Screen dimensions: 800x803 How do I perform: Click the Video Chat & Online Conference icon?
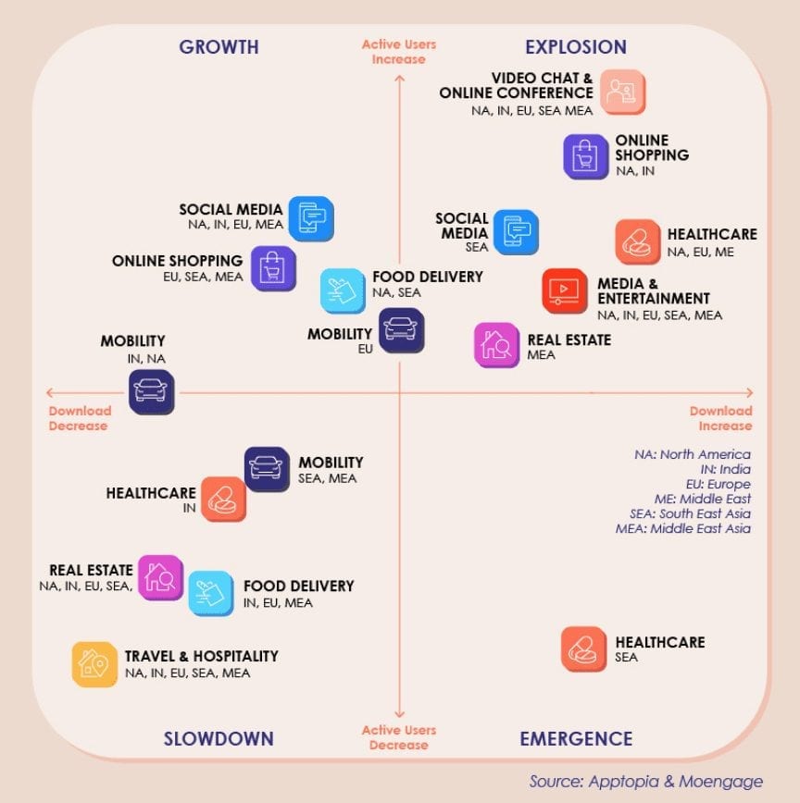click(622, 93)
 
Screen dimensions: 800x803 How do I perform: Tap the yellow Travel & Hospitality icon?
click(94, 664)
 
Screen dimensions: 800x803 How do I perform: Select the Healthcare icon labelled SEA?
click(583, 649)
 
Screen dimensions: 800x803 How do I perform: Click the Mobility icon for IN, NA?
click(151, 392)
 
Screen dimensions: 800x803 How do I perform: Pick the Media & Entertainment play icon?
click(565, 290)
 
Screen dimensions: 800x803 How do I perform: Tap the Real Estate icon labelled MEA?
click(496, 345)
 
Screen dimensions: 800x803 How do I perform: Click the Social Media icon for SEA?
click(516, 232)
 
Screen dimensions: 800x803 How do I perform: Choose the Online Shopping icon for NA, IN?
click(586, 156)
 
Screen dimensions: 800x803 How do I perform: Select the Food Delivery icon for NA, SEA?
click(343, 290)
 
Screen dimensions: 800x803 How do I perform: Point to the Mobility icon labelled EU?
click(401, 330)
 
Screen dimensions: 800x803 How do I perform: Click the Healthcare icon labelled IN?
click(223, 500)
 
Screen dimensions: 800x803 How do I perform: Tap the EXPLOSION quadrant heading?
click(576, 47)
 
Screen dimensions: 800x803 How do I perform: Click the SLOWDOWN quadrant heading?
click(219, 739)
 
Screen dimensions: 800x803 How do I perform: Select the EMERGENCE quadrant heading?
click(576, 739)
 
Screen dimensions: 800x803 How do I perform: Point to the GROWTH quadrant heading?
click(219, 47)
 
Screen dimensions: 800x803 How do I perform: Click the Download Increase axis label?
click(721, 418)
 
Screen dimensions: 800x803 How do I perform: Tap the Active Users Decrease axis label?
click(399, 737)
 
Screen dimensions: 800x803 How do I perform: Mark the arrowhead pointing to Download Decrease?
click(49, 393)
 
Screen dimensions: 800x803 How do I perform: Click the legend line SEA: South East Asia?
click(691, 513)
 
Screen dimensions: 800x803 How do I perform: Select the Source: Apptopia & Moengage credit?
click(645, 782)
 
